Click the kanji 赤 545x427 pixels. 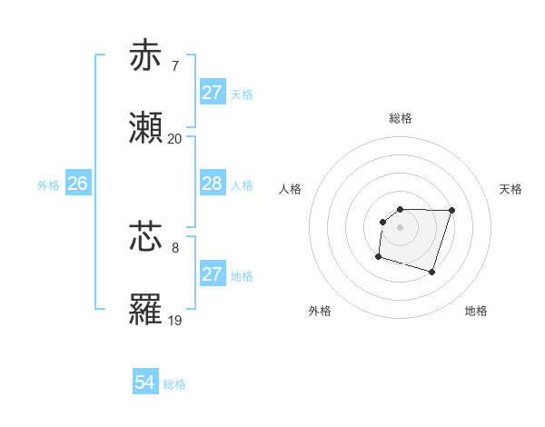coord(146,55)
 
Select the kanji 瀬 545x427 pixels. coord(146,128)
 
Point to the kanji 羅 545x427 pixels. coord(146,309)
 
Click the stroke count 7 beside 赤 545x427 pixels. coord(175,66)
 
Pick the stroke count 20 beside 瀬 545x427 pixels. coord(175,139)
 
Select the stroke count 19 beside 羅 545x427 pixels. coord(175,320)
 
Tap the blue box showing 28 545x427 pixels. coord(212,184)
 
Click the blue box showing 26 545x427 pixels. coord(77,184)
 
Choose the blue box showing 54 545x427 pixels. coord(145,383)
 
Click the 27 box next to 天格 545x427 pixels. coord(212,93)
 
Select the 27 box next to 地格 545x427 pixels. coord(212,274)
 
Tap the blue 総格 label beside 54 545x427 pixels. coord(174,384)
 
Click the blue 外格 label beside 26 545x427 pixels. coord(48,184)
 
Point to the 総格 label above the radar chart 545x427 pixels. coord(401,118)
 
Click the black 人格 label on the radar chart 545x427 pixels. coord(291,189)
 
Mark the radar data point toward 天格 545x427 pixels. coord(452,210)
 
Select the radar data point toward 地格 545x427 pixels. coord(432,273)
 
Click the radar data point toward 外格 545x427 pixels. coord(378,257)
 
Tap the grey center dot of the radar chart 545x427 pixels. coord(401,226)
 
